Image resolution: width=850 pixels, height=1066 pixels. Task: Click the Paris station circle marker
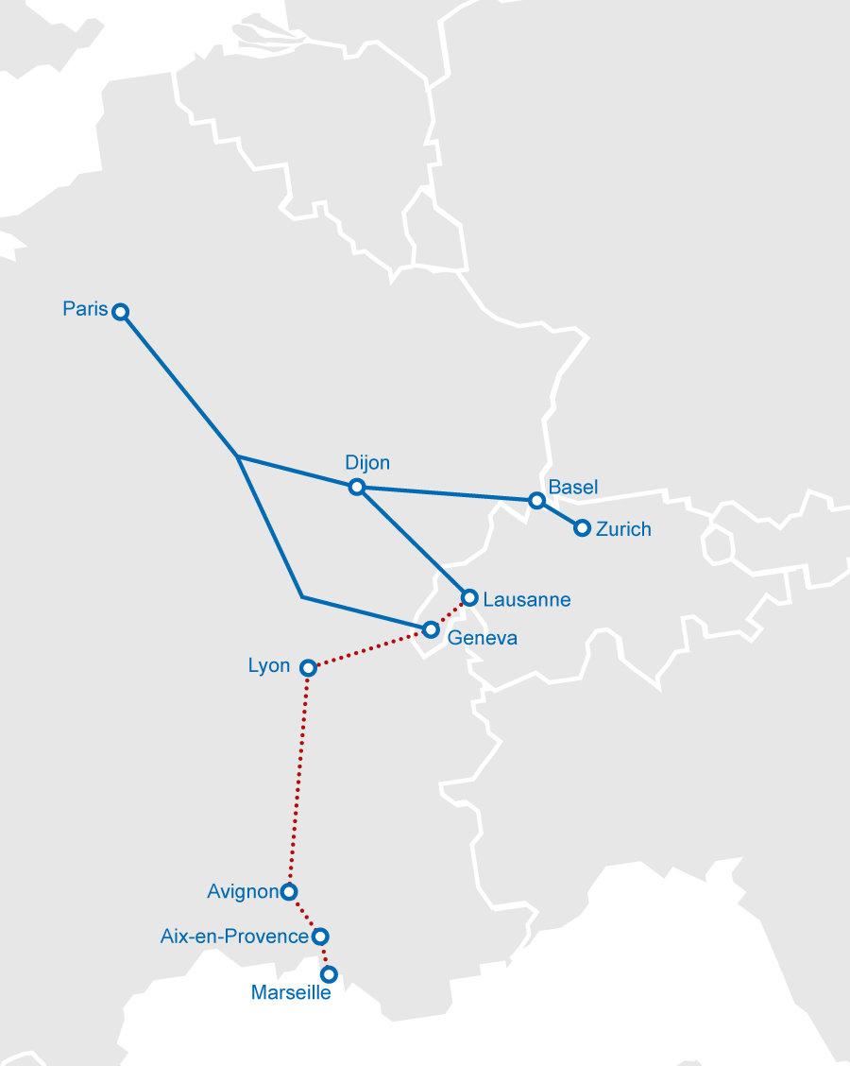click(120, 312)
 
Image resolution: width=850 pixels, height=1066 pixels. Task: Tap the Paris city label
click(85, 308)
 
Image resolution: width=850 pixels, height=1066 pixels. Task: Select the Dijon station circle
click(356, 487)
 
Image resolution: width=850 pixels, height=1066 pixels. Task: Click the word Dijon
click(367, 463)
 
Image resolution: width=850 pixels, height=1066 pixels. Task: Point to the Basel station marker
click(536, 500)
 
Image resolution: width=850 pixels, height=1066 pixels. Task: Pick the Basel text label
click(573, 488)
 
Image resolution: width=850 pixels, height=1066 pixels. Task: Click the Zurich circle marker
click(582, 528)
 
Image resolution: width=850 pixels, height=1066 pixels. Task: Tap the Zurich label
click(623, 529)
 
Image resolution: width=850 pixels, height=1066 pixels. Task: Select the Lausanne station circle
click(469, 597)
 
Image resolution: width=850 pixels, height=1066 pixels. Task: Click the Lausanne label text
click(526, 599)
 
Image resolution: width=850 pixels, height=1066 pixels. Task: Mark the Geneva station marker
click(431, 629)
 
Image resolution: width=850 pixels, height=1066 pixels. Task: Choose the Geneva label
click(483, 638)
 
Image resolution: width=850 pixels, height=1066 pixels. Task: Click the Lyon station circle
click(307, 667)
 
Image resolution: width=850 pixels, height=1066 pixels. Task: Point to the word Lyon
click(269, 665)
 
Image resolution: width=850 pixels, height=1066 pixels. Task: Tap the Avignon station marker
click(289, 891)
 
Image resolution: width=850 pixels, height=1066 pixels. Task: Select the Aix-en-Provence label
click(234, 937)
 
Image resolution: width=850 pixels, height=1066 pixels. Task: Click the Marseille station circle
click(329, 973)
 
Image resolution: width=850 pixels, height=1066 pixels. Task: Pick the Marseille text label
click(291, 993)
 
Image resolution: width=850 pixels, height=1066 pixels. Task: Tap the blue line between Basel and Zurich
click(559, 514)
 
